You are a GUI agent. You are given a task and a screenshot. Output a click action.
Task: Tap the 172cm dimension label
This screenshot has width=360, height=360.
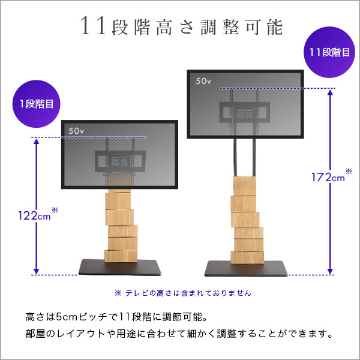(327, 177)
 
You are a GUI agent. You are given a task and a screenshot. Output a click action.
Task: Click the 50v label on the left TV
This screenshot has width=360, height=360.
(77, 130)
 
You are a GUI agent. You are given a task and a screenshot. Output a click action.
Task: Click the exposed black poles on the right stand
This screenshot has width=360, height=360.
(245, 158)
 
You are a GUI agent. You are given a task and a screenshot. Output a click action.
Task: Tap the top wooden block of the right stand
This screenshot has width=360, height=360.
(245, 187)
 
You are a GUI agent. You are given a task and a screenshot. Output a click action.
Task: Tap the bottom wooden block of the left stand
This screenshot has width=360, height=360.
(121, 255)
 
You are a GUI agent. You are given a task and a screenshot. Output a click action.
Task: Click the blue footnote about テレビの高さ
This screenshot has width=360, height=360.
(182, 293)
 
